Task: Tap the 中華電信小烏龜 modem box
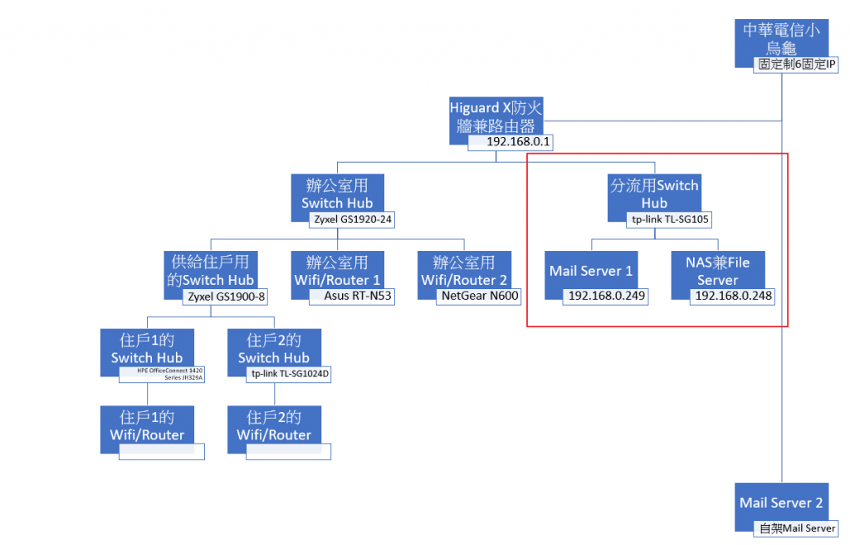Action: pyautogui.click(x=780, y=37)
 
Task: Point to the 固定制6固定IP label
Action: pyautogui.click(x=796, y=64)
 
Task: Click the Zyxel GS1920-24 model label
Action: pyautogui.click(x=352, y=220)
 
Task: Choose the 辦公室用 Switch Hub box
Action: pyautogui.click(x=337, y=192)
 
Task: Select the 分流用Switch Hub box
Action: pyautogui.click(x=654, y=192)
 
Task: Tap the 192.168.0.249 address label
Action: pyautogui.click(x=606, y=296)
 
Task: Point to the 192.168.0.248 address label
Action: pyautogui.click(x=733, y=296)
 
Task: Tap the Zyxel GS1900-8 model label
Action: pyautogui.click(x=225, y=297)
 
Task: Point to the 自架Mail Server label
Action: pyautogui.click(x=797, y=528)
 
